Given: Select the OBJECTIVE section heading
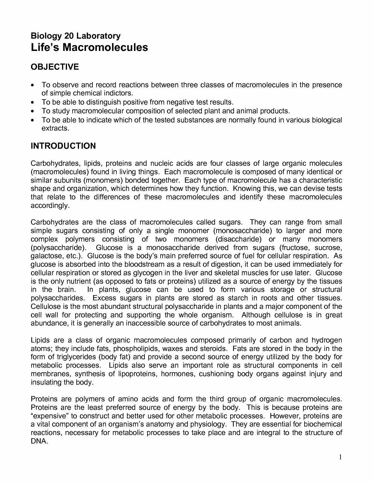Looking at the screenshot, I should [55, 67].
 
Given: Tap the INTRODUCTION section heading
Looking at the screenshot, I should [63, 146].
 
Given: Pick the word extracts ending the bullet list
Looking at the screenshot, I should [55, 129].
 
